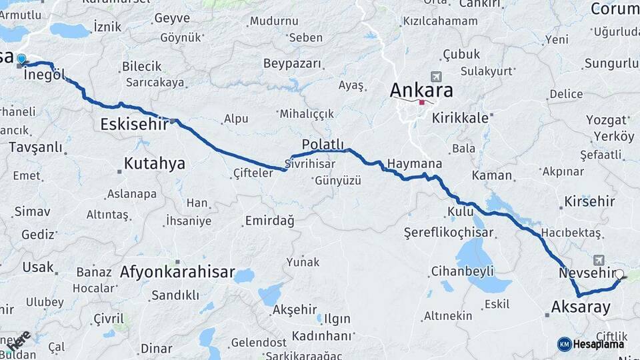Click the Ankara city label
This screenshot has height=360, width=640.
coord(421,91)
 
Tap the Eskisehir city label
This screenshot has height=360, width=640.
coord(133,124)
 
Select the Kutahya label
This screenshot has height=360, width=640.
coord(155,164)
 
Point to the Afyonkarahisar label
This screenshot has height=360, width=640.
coord(177,272)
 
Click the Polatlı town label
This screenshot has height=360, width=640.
coord(323,145)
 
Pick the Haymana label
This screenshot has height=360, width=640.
coord(415,164)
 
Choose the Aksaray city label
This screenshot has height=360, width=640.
coord(581,307)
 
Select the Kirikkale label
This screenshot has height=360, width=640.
coord(461,117)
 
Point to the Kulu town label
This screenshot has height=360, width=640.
coord(459,212)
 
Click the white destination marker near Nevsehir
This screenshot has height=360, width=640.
coord(620,273)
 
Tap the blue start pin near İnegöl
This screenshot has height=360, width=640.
coord(21,59)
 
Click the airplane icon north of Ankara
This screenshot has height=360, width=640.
coord(437,77)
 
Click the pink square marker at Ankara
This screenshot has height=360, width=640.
coord(421,103)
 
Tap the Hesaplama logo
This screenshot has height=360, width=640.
coord(591,344)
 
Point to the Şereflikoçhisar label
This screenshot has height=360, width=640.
coord(449,233)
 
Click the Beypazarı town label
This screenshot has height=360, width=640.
coord(292,64)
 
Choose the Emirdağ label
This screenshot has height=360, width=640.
coord(269,221)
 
